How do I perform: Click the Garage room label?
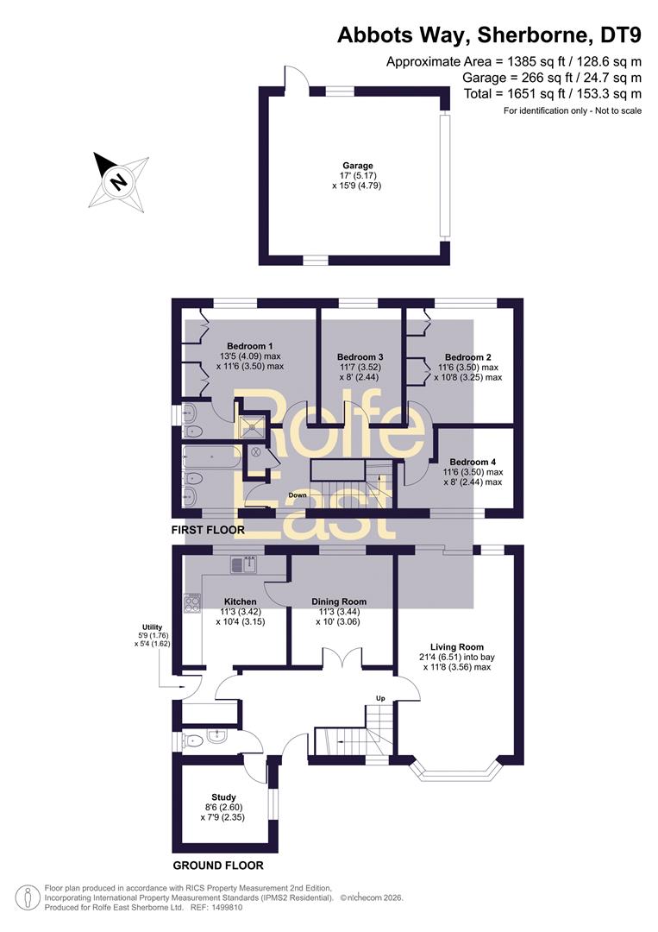click(358, 166)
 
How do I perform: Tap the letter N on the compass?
click(119, 180)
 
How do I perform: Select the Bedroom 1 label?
click(250, 346)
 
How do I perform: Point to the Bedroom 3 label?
click(360, 356)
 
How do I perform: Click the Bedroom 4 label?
click(473, 462)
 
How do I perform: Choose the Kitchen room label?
click(241, 601)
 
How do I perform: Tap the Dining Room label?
click(339, 601)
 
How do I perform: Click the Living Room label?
click(457, 646)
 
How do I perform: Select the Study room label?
click(224, 797)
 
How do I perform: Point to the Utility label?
click(152, 627)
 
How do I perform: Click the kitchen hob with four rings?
click(192, 604)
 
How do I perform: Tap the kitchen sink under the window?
click(244, 564)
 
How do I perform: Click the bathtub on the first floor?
click(212, 457)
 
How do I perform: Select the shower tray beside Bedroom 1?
click(252, 424)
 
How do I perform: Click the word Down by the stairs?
click(298, 495)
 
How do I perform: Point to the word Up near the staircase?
click(380, 698)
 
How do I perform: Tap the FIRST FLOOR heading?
click(208, 530)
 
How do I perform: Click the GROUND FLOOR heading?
click(218, 866)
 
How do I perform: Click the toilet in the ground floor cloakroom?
click(193, 740)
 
